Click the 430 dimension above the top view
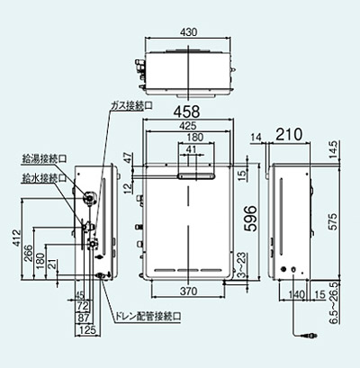[188, 31]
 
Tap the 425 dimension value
[189, 128]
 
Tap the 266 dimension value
[27, 254]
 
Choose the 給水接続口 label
[40, 178]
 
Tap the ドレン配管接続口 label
[149, 317]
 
